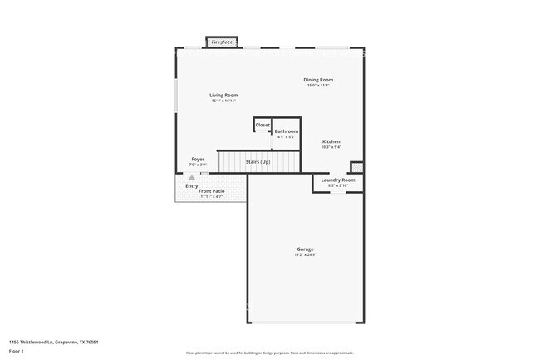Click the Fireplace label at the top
pyautogui.click(x=222, y=41)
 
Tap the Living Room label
pyautogui.click(x=223, y=95)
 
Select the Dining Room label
pyautogui.click(x=318, y=79)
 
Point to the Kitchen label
pyautogui.click(x=331, y=141)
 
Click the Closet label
pyautogui.click(x=263, y=125)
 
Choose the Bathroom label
pyautogui.click(x=287, y=131)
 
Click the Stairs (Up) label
pyautogui.click(x=258, y=161)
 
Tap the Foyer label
pyautogui.click(x=198, y=159)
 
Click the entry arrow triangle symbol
pyautogui.click(x=192, y=177)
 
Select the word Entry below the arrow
pyautogui.click(x=192, y=185)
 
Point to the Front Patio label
pyautogui.click(x=211, y=191)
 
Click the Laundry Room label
pyautogui.click(x=337, y=180)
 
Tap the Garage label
pyautogui.click(x=306, y=249)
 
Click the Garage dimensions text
pyautogui.click(x=306, y=254)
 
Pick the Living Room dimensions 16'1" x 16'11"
pyautogui.click(x=223, y=101)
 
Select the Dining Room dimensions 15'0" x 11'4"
pyautogui.click(x=318, y=85)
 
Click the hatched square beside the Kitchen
pyautogui.click(x=356, y=166)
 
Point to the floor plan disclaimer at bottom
pyautogui.click(x=270, y=353)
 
